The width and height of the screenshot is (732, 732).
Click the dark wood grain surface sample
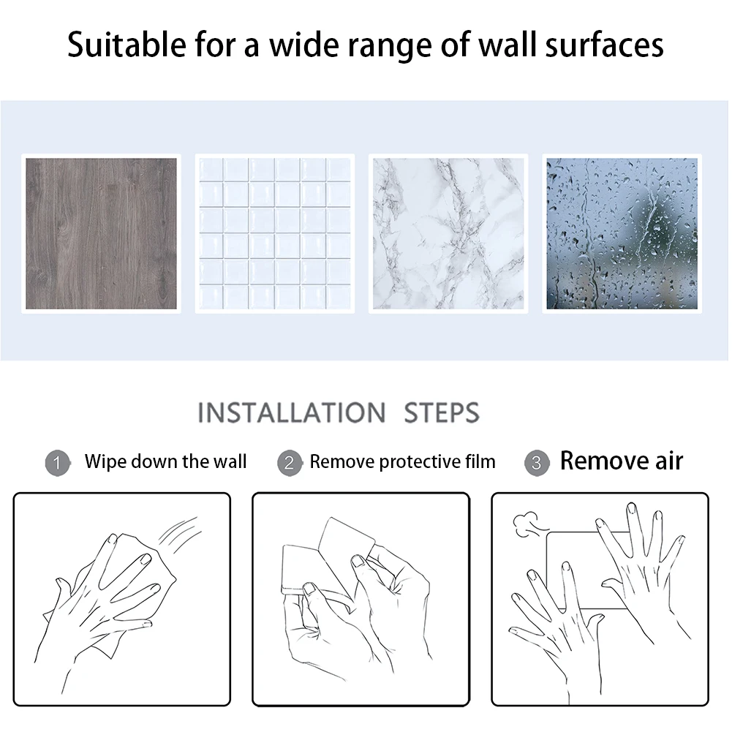pos(101,233)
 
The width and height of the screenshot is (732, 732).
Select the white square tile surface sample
pos(274,233)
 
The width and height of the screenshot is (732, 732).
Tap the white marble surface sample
pos(448,233)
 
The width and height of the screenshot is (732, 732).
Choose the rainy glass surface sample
pos(622,233)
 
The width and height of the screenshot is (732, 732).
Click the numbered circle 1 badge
pos(58,463)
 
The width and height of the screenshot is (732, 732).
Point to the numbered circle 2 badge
pos(290,463)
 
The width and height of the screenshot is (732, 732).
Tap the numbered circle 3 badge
pos(537,463)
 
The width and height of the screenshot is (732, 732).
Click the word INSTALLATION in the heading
pos(292,412)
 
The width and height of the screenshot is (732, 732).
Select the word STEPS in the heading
pos(442,412)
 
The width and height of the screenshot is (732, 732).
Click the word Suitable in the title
pos(127,45)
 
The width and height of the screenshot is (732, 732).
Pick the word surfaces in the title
pos(605,45)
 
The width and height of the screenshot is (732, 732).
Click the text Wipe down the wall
pos(165,461)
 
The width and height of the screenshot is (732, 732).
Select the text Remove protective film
pos(402,461)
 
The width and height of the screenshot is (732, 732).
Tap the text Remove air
pos(622,461)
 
